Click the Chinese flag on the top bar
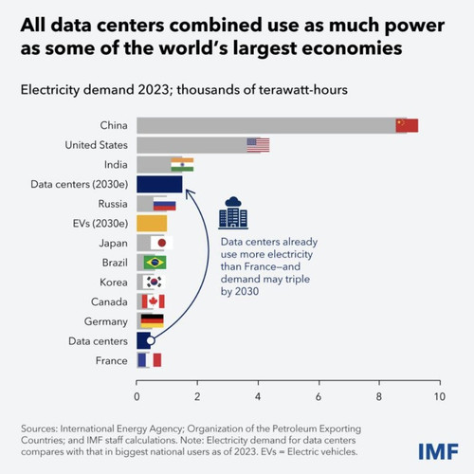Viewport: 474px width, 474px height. (407, 125)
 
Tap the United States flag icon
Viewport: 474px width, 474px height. (258, 145)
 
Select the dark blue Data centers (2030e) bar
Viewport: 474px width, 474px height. (159, 184)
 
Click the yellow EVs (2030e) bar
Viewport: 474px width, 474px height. (152, 224)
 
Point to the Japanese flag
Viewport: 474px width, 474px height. (162, 243)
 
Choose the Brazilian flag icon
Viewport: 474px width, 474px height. (155, 263)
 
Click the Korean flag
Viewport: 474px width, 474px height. (154, 282)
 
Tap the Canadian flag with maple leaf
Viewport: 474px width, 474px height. (154, 301)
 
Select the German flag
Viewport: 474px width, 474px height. (152, 321)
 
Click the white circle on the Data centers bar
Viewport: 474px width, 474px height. (151, 340)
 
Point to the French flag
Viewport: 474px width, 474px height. (150, 360)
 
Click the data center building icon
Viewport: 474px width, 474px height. (233, 212)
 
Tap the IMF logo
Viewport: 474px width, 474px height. (438, 451)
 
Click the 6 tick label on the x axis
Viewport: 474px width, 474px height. (319, 396)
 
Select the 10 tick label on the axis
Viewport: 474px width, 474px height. (440, 396)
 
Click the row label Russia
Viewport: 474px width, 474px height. (113, 204)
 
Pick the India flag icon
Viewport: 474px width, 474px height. (182, 165)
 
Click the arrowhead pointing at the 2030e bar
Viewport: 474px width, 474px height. (189, 193)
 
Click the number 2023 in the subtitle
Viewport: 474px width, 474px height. (153, 90)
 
